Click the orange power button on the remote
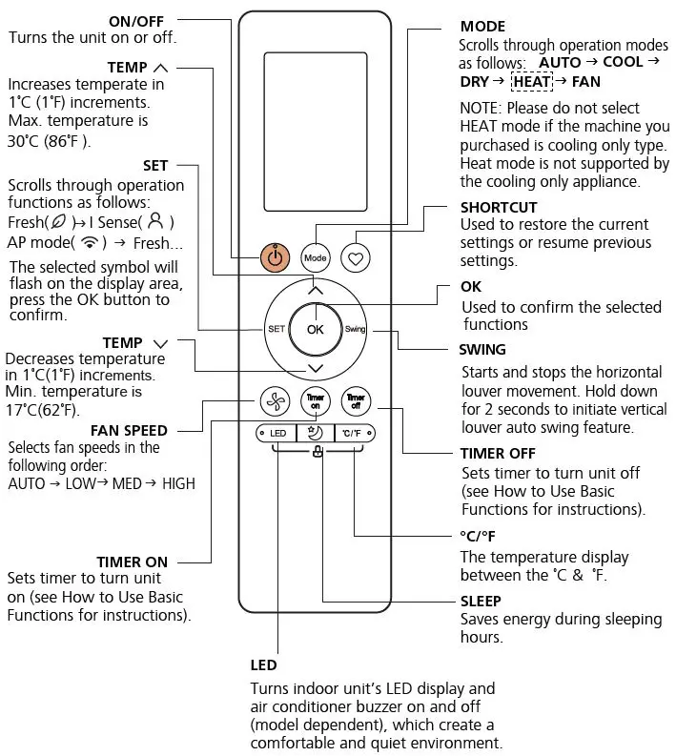click(275, 256)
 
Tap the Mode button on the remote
click(315, 257)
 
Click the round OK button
click(316, 328)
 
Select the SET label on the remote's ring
click(276, 328)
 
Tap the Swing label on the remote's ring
click(356, 329)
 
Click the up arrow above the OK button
click(316, 290)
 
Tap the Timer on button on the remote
click(315, 401)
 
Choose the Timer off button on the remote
click(356, 401)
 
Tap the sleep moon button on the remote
click(315, 434)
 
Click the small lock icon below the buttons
click(316, 452)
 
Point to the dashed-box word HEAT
click(532, 82)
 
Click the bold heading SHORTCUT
click(498, 207)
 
